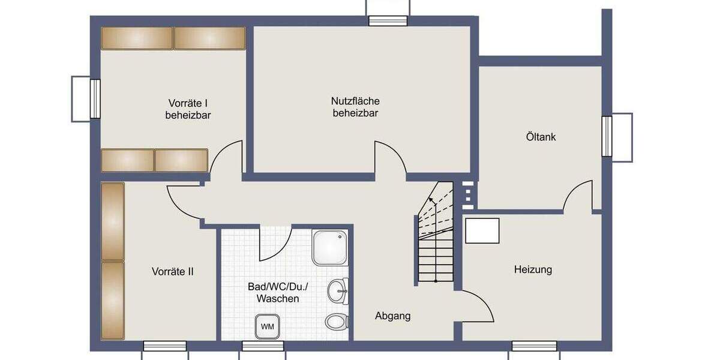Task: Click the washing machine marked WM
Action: pyautogui.click(x=267, y=326)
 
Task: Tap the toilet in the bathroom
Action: pyautogui.click(x=337, y=321)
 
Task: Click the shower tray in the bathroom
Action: pyautogui.click(x=329, y=246)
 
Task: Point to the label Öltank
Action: pyautogui.click(x=541, y=137)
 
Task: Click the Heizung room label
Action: pyautogui.click(x=533, y=269)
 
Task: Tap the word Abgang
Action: pyautogui.click(x=393, y=316)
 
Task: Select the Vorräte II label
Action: pyautogui.click(x=173, y=271)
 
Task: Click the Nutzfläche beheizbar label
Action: pyautogui.click(x=355, y=107)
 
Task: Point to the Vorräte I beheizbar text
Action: pyautogui.click(x=188, y=109)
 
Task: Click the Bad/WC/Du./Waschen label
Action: pyautogui.click(x=274, y=292)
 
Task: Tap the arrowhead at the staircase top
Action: pyautogui.click(x=431, y=200)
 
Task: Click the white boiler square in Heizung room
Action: pyautogui.click(x=482, y=231)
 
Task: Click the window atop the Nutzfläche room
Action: pyautogui.click(x=388, y=21)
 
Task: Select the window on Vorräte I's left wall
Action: pyautogui.click(x=95, y=98)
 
